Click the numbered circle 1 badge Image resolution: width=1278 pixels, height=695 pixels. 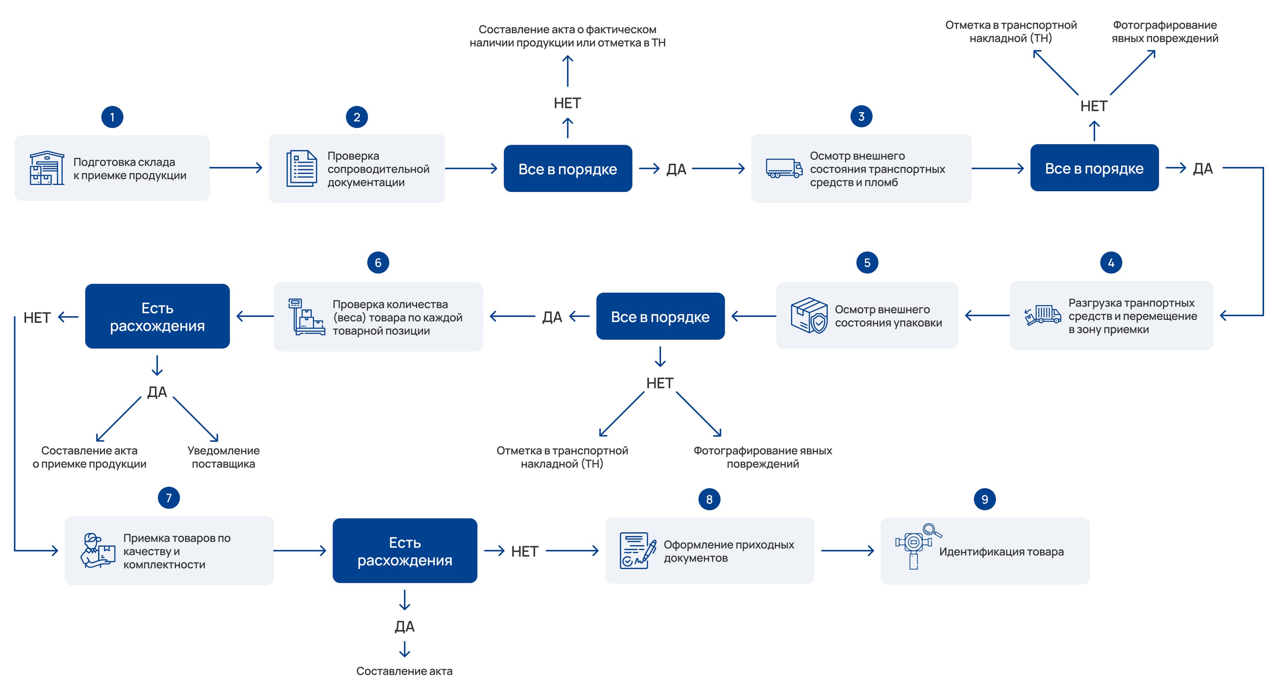[x=112, y=117]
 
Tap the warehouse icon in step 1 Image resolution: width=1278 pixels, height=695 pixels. [x=47, y=168]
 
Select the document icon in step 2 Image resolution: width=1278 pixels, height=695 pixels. [x=302, y=168]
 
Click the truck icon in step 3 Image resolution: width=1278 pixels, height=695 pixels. [x=784, y=168]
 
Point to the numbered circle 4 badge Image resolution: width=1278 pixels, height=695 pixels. [x=1111, y=263]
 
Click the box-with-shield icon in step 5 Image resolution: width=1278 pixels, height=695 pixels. [x=809, y=315]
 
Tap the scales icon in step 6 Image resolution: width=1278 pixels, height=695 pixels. [x=306, y=317]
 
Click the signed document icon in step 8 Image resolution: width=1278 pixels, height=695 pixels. [x=638, y=551]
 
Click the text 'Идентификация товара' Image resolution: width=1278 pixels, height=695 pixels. [x=1001, y=552]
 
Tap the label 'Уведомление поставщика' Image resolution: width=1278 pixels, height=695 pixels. [x=223, y=457]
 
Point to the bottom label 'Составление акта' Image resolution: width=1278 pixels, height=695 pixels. [x=404, y=671]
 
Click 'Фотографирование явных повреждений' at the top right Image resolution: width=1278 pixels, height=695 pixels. [x=1165, y=32]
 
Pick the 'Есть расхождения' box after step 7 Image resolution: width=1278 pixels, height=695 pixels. [x=405, y=551]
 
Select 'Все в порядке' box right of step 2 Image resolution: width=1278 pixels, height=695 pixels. [x=567, y=169]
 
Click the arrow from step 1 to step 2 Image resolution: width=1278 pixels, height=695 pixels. [x=236, y=168]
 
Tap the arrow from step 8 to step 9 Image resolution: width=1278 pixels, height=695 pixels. [x=847, y=551]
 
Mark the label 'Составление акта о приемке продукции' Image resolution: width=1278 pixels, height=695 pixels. [x=89, y=457]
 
